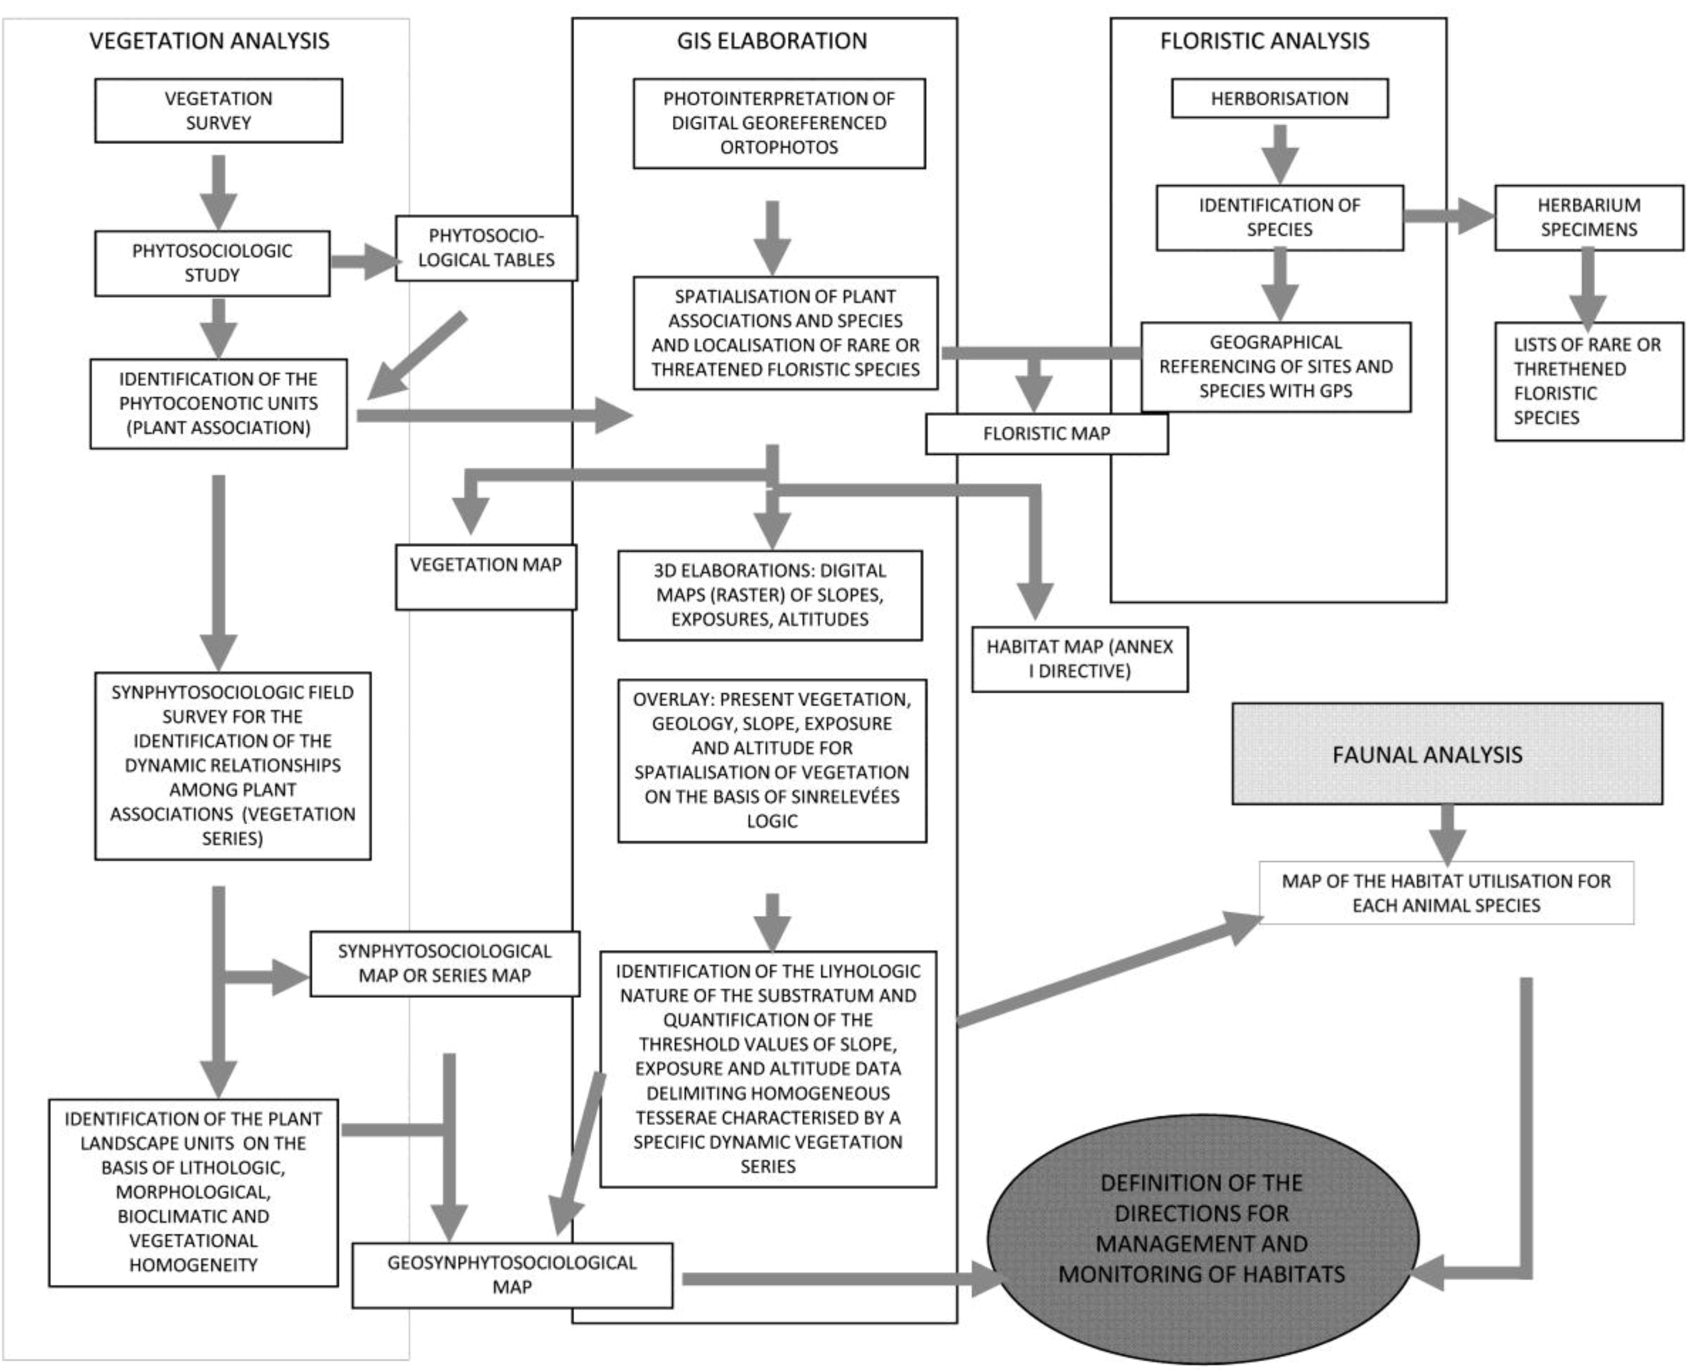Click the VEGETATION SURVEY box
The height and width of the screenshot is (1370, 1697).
click(218, 110)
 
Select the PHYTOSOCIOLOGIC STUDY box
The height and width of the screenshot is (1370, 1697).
click(212, 263)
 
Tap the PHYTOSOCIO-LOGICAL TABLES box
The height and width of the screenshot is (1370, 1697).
click(486, 248)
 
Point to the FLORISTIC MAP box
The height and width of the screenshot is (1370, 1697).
click(1046, 434)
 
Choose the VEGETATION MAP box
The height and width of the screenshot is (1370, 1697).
click(486, 576)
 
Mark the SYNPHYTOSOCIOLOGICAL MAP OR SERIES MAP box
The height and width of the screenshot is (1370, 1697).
click(444, 964)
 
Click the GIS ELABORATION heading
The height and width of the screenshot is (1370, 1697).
click(771, 41)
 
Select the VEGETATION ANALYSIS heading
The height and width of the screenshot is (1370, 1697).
click(209, 41)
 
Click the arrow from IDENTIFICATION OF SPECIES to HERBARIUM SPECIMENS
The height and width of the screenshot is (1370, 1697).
click(1448, 216)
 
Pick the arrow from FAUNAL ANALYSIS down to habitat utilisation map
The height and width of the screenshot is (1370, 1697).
click(1448, 833)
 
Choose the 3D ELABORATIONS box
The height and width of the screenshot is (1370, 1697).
click(769, 595)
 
